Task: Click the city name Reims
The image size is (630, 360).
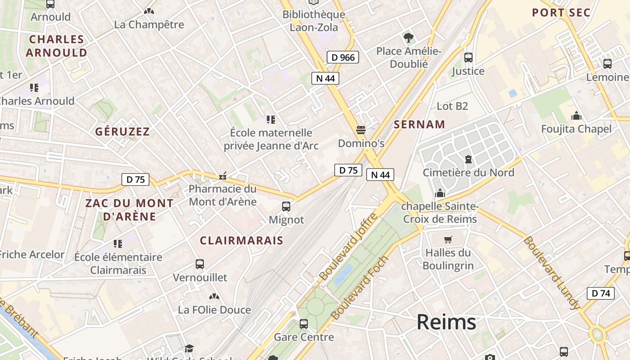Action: tap(446, 322)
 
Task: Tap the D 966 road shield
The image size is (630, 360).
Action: tap(343, 57)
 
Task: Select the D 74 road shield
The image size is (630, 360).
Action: tap(600, 293)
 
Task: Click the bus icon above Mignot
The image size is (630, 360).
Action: tap(286, 207)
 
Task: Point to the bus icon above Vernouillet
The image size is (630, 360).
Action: tap(200, 264)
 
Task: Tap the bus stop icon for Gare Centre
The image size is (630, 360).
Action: tap(304, 324)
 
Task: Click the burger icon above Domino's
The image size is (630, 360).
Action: tap(360, 130)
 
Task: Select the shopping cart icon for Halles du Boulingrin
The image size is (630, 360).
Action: tap(448, 239)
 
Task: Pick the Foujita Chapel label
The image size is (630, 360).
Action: tap(576, 129)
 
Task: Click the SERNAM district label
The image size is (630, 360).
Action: tap(419, 125)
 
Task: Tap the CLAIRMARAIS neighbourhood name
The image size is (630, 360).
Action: tap(242, 241)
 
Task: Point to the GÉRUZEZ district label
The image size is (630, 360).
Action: tap(122, 132)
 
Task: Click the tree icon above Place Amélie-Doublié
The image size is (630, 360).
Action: tap(409, 38)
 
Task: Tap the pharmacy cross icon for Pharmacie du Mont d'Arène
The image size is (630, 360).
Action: tap(222, 176)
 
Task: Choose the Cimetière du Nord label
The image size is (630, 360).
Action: tap(468, 172)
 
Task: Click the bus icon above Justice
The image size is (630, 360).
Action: tap(468, 58)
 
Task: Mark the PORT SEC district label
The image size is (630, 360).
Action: tap(561, 13)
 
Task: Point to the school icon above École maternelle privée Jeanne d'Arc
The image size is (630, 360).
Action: tap(270, 119)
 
